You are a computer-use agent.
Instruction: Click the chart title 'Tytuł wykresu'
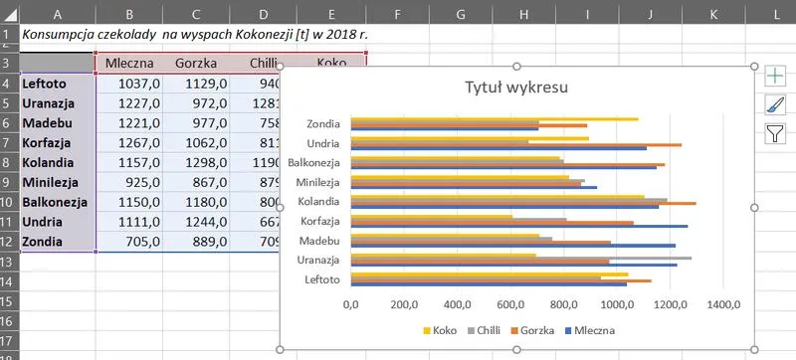(x=516, y=88)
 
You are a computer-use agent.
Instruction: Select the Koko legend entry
(x=445, y=330)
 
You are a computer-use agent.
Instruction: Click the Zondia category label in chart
(x=324, y=124)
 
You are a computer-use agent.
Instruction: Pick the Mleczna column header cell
(x=128, y=63)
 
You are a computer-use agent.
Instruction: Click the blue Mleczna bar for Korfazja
(x=518, y=227)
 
